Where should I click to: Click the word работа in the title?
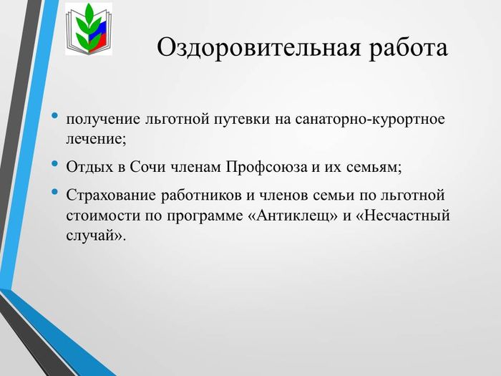[x=408, y=48]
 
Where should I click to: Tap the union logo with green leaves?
[x=89, y=29]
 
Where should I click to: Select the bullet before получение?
[x=55, y=115]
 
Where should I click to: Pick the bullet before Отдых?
[x=55, y=163]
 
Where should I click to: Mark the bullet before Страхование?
[x=55, y=191]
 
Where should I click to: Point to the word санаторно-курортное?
[x=370, y=120]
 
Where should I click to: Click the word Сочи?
[x=147, y=167]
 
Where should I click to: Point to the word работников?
[x=201, y=196]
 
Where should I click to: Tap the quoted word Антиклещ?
[x=293, y=216]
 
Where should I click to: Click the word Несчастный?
[x=403, y=216]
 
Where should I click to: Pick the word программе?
[x=205, y=216]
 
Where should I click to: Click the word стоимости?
[x=104, y=216]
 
